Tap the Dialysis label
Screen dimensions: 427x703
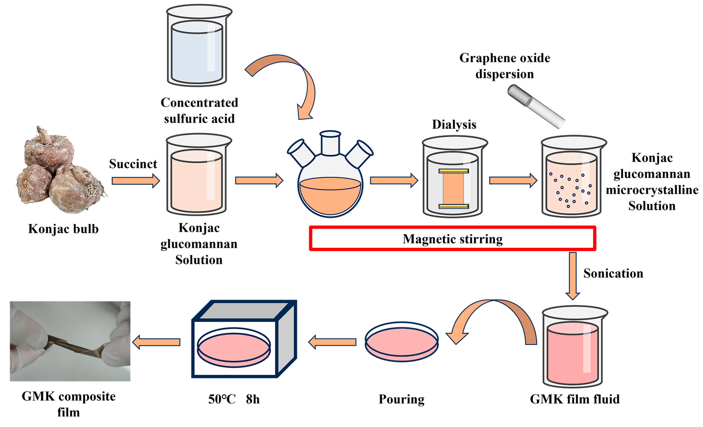pyautogui.click(x=454, y=125)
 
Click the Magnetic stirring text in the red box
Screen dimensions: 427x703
pyautogui.click(x=452, y=239)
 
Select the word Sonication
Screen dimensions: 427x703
pyautogui.click(x=613, y=273)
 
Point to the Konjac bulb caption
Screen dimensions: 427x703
pyautogui.click(x=63, y=229)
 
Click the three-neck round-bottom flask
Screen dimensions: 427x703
pyautogui.click(x=330, y=183)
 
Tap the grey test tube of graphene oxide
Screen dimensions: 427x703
pyautogui.click(x=536, y=106)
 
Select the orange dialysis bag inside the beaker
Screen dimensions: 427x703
pyautogui.click(x=453, y=189)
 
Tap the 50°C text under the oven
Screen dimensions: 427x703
pyautogui.click(x=222, y=399)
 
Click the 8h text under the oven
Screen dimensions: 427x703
pyautogui.click(x=253, y=399)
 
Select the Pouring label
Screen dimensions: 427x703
pyautogui.click(x=402, y=399)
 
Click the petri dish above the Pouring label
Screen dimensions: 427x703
pyautogui.click(x=402, y=342)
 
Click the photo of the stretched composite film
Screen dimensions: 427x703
pyautogui.click(x=70, y=341)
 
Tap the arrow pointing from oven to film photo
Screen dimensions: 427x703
pyautogui.click(x=156, y=342)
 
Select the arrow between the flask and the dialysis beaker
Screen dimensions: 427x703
pyautogui.click(x=394, y=180)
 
